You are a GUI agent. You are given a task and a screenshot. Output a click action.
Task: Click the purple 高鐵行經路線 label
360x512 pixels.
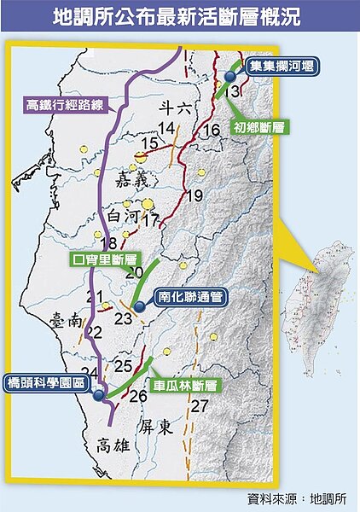point(58,105)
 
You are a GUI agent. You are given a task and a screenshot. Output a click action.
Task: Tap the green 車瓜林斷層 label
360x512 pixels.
point(183,385)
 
